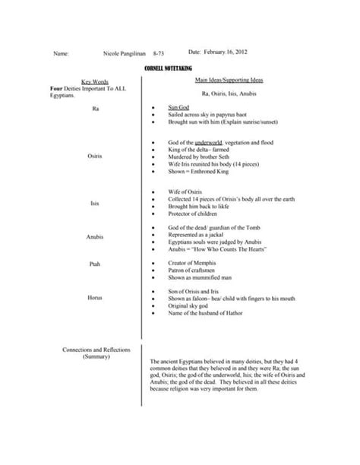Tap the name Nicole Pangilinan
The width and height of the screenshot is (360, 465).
click(127, 55)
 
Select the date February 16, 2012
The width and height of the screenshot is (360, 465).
click(226, 52)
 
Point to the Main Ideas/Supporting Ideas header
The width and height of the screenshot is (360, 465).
click(226, 79)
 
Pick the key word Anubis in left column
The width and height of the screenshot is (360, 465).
click(95, 236)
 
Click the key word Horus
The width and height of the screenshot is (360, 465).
click(95, 297)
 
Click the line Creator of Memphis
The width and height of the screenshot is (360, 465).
click(193, 262)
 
